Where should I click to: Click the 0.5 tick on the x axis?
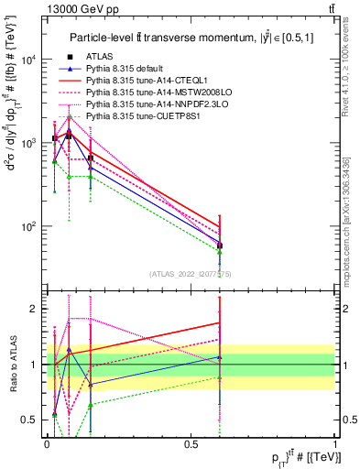point(191,442)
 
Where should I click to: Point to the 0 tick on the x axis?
point(47,442)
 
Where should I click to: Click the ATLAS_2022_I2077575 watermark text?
point(190,274)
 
